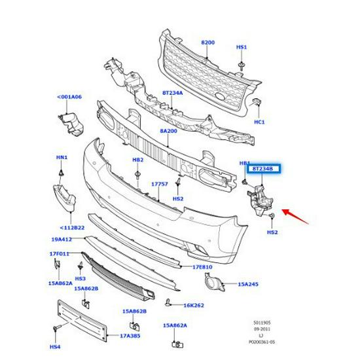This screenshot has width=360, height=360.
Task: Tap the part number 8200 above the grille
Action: (207, 43)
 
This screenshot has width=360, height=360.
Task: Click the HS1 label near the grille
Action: (241, 48)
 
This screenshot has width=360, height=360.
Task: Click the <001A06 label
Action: (70, 97)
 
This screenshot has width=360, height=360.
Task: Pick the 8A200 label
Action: (168, 131)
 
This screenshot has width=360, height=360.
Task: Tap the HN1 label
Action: (62, 158)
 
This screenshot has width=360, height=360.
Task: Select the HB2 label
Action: (137, 160)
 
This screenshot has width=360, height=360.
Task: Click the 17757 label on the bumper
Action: (160, 185)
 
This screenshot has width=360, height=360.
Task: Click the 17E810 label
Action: (203, 268)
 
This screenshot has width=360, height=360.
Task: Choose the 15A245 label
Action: (249, 284)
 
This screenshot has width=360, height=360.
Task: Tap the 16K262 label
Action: (194, 305)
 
